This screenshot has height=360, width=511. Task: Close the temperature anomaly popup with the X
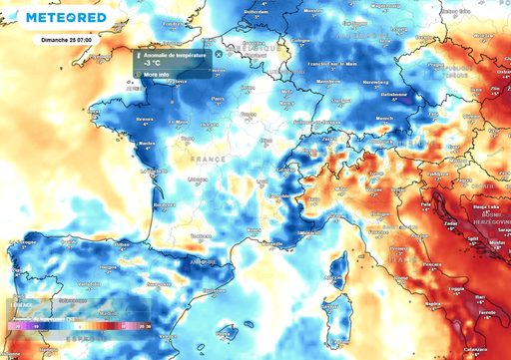tap(219, 54)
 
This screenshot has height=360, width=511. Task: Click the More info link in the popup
tap(157, 75)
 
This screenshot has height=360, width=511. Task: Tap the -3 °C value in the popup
tap(153, 64)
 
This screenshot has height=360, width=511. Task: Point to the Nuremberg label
tap(375, 83)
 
